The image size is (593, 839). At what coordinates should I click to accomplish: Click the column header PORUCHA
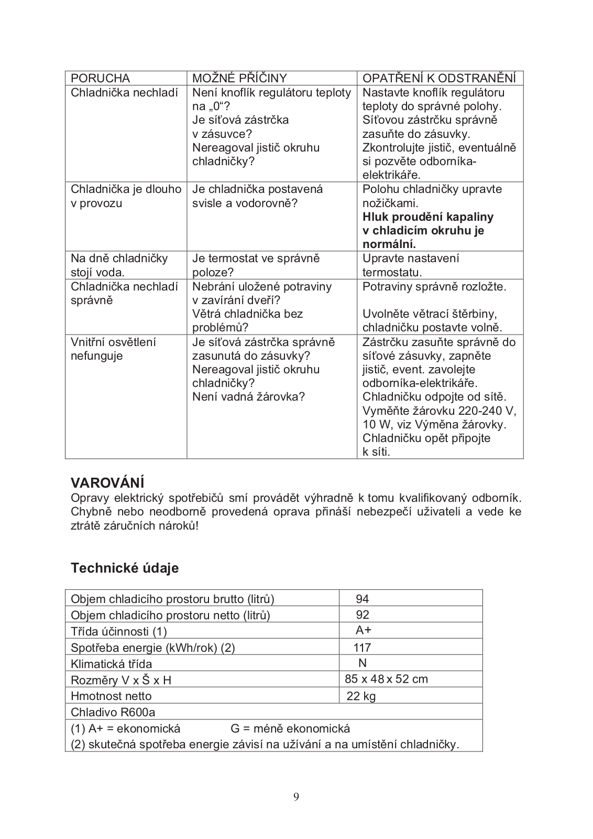pyautogui.click(x=100, y=78)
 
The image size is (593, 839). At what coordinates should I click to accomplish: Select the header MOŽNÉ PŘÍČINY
pyautogui.click(x=239, y=78)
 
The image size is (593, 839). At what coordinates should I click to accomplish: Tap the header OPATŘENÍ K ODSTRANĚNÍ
pyautogui.click(x=440, y=78)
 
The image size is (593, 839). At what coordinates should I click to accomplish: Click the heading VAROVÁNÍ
pyautogui.click(x=107, y=482)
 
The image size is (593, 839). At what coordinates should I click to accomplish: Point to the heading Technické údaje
pyautogui.click(x=125, y=568)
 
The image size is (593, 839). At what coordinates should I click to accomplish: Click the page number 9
pyautogui.click(x=296, y=797)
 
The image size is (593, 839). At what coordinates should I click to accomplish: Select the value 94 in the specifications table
pyautogui.click(x=362, y=599)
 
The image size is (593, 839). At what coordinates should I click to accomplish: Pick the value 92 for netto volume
pyautogui.click(x=362, y=615)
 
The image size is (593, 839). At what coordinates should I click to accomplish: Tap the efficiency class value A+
pyautogui.click(x=364, y=630)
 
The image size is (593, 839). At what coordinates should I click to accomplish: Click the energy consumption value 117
pyautogui.click(x=362, y=647)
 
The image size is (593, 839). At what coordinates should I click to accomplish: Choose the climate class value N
pyautogui.click(x=362, y=663)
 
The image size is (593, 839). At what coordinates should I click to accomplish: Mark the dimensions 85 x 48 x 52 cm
pyautogui.click(x=386, y=679)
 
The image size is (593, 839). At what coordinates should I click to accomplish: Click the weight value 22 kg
pyautogui.click(x=361, y=696)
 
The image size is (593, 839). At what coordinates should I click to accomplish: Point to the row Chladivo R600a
pyautogui.click(x=113, y=712)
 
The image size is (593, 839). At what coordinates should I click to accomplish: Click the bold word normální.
pyautogui.click(x=389, y=244)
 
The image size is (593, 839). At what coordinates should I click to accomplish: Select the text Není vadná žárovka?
pyautogui.click(x=248, y=396)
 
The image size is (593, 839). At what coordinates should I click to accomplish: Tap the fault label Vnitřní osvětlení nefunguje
pyautogui.click(x=113, y=349)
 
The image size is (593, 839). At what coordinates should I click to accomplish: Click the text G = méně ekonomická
pyautogui.click(x=290, y=728)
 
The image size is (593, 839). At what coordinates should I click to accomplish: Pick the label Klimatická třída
pyautogui.click(x=111, y=664)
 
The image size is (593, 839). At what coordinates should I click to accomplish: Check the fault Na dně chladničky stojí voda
pyautogui.click(x=119, y=265)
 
